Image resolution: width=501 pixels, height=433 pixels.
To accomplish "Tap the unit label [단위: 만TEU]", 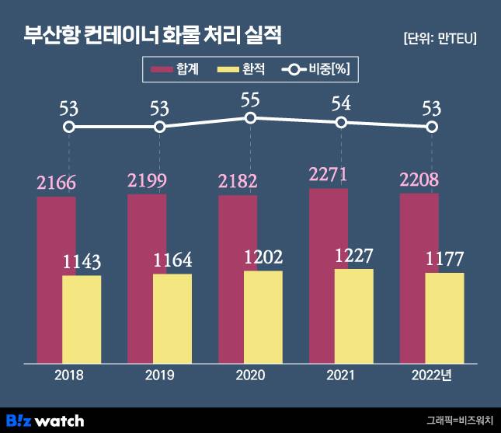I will tap(440, 38).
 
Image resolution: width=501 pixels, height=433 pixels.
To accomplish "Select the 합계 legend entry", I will tap(176, 70).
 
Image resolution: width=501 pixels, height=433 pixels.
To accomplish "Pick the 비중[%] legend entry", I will tap(318, 70).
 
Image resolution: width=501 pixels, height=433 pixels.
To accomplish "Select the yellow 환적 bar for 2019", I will tap(172, 318).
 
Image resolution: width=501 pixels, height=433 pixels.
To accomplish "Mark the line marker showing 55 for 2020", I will tap(250, 117).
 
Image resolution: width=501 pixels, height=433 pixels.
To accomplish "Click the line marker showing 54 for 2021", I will tap(341, 123).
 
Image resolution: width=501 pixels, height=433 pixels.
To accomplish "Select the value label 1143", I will tap(82, 262).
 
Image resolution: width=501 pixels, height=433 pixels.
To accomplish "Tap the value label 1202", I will tap(263, 257).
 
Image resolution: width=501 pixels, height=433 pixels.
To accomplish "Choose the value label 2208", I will tap(419, 180).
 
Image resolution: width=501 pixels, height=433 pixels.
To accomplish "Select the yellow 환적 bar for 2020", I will tap(263, 316).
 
